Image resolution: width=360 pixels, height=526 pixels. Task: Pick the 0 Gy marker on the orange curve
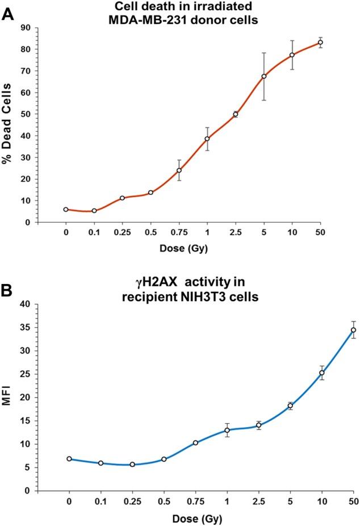click(x=66, y=210)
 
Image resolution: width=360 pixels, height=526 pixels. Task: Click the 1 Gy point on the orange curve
click(x=207, y=139)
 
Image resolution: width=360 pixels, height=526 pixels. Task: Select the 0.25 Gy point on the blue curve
click(x=132, y=464)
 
